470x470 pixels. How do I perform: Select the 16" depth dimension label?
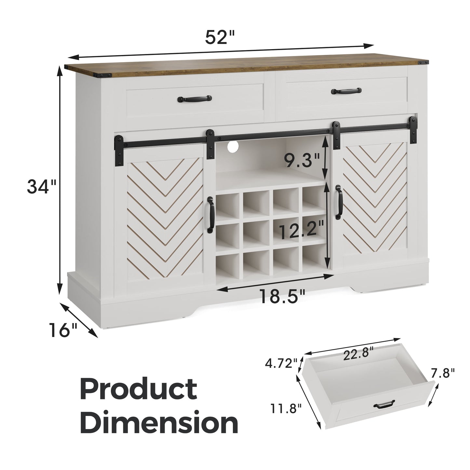[63, 330]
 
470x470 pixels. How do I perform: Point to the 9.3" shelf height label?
[302, 160]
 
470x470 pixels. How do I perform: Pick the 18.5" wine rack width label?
[283, 296]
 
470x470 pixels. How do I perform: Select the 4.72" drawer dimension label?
[281, 370]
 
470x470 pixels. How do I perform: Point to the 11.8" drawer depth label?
[286, 408]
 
